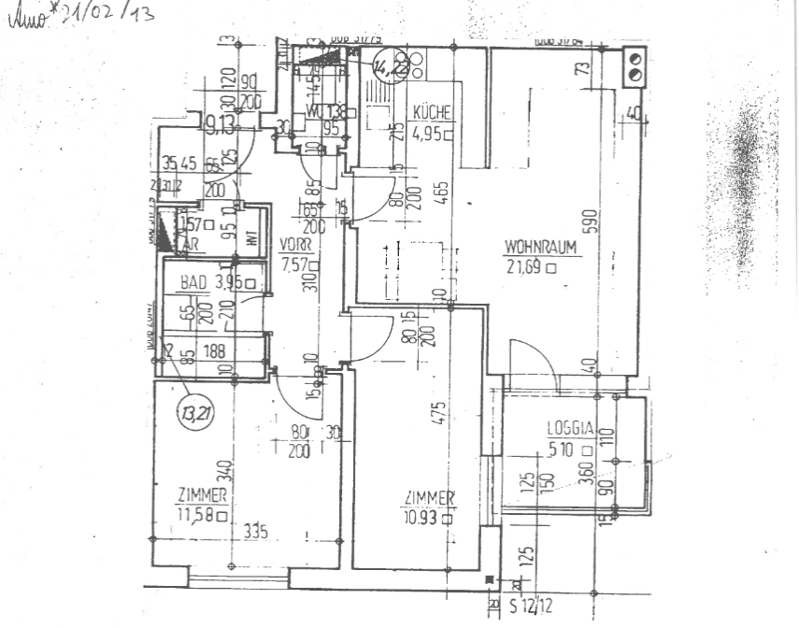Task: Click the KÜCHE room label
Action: coord(432,114)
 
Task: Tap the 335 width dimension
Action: coord(256,532)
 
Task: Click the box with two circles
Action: coord(635,67)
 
